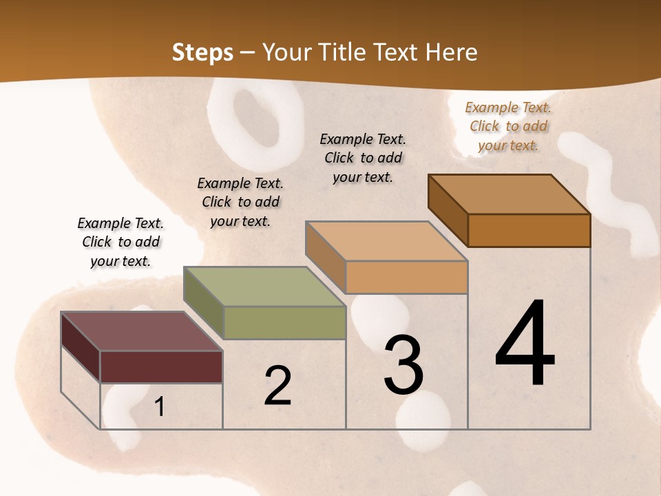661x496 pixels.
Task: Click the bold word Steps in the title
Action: tap(202, 52)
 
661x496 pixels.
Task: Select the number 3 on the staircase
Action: tap(403, 366)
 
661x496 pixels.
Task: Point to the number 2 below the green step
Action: tap(277, 386)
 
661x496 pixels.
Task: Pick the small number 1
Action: tap(159, 406)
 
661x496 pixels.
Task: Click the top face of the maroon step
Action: tap(142, 331)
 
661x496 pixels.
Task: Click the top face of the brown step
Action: tap(510, 194)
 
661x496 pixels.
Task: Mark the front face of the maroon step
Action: tap(161, 366)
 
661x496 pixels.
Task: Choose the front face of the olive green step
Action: tap(284, 322)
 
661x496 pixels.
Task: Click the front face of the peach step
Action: tap(406, 277)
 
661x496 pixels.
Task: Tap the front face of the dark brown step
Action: tap(529, 230)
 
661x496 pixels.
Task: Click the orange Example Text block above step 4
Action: tap(508, 126)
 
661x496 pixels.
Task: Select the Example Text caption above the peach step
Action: tap(363, 158)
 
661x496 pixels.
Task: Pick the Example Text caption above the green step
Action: tap(240, 202)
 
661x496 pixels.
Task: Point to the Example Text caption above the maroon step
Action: tap(120, 242)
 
